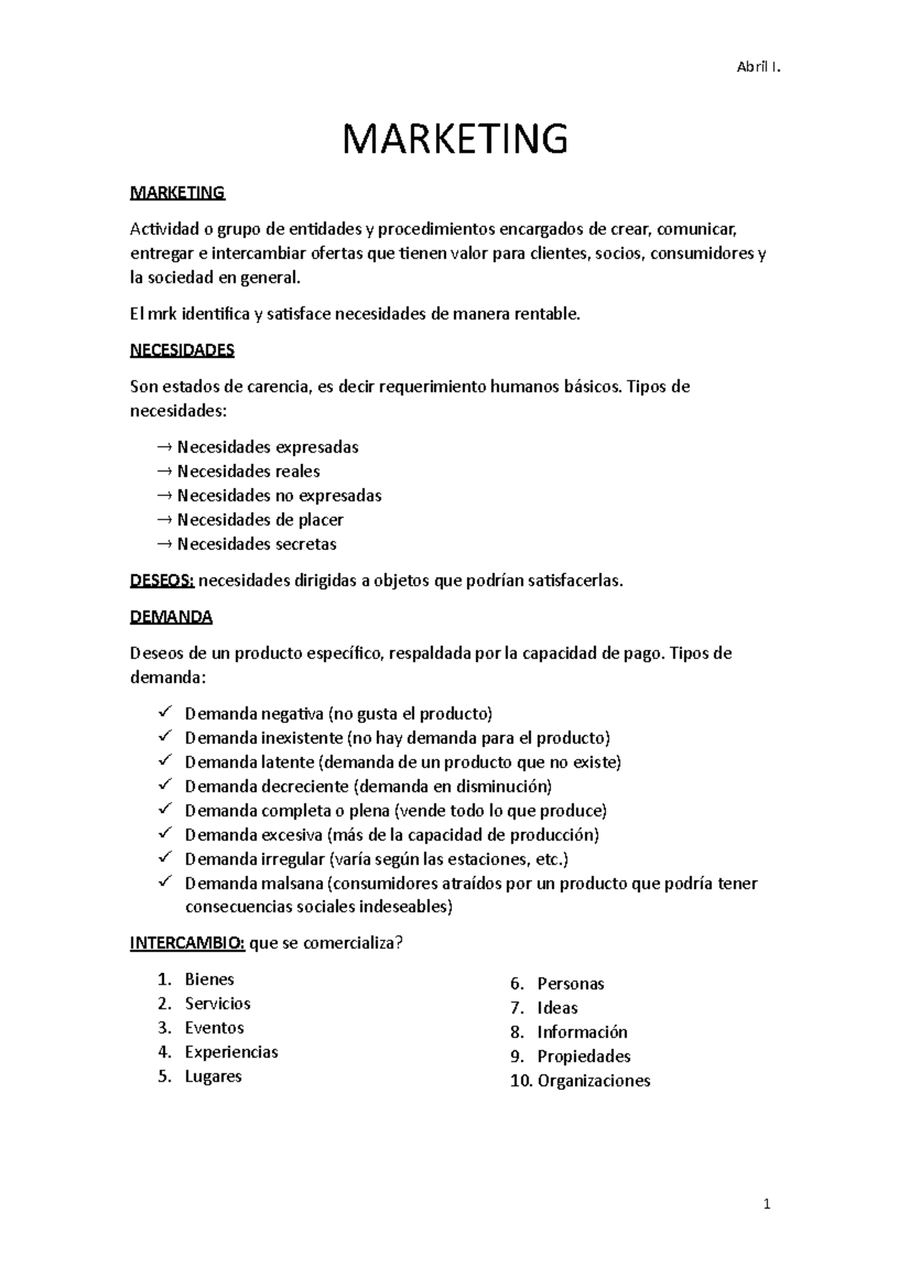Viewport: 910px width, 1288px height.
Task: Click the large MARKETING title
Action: click(x=455, y=139)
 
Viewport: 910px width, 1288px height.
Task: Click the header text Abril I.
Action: click(x=758, y=68)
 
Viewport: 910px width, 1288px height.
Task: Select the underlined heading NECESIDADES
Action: click(x=182, y=350)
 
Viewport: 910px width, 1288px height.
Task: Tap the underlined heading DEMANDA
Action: click(x=171, y=617)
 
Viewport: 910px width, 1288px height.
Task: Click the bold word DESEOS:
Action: click(x=162, y=581)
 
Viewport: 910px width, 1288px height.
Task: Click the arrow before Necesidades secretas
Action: click(x=164, y=544)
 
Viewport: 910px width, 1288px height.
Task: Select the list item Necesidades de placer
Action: click(x=260, y=520)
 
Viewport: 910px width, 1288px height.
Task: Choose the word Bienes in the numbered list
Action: click(x=209, y=979)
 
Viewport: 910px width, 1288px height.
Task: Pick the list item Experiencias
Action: click(x=231, y=1052)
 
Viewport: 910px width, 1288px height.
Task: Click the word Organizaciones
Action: click(x=594, y=1081)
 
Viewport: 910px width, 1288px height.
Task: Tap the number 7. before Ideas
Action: click(x=517, y=1008)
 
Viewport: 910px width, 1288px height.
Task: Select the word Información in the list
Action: click(x=582, y=1032)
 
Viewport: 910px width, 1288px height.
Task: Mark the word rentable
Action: click(x=546, y=314)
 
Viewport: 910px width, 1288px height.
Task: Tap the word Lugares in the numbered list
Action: click(x=213, y=1076)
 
